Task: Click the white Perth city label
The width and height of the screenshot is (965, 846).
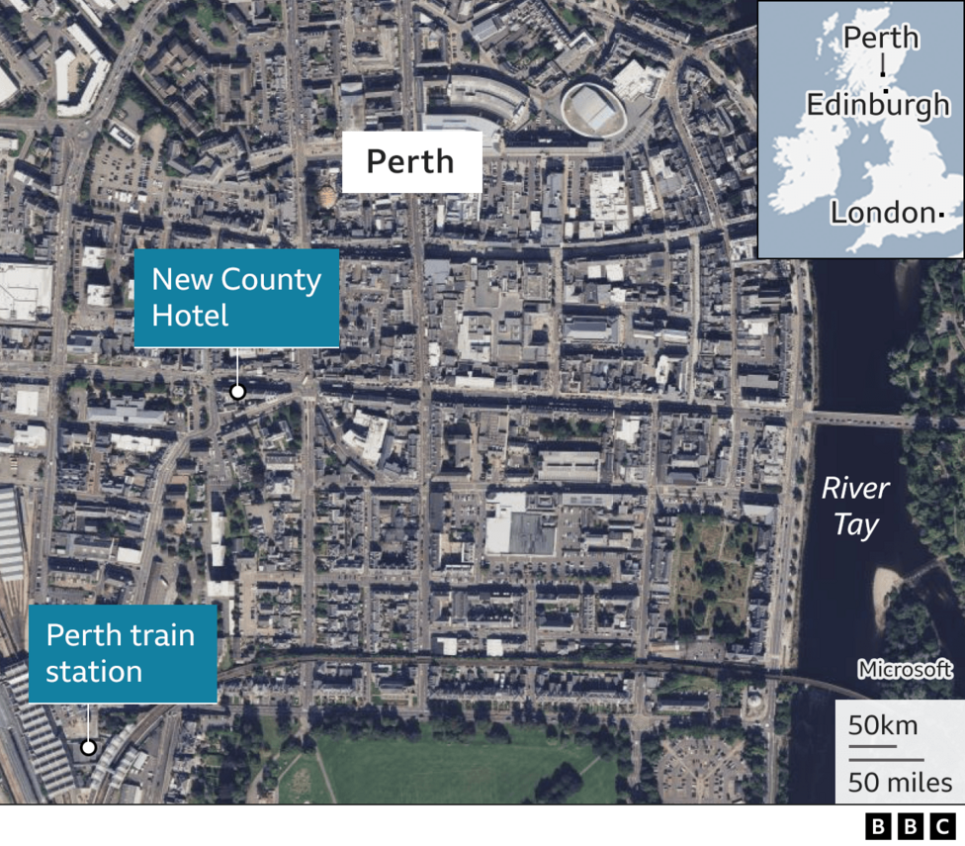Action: click(x=411, y=161)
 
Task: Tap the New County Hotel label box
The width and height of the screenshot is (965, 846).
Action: click(x=236, y=298)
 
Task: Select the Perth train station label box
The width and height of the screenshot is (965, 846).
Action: click(x=122, y=654)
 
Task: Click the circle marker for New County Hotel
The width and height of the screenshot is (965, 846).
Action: click(x=237, y=392)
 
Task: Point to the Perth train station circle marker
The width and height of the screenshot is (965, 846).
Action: click(x=88, y=747)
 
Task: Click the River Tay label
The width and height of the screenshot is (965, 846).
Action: click(x=855, y=506)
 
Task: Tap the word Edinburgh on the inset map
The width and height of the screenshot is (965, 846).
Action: click(x=877, y=105)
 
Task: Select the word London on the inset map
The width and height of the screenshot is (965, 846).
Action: click(x=882, y=213)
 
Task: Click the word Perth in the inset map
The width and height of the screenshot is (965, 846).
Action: click(x=881, y=39)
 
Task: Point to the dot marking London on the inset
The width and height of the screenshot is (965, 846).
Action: click(x=942, y=214)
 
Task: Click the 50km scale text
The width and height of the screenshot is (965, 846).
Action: click(x=883, y=725)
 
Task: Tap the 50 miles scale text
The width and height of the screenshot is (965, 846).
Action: click(x=899, y=784)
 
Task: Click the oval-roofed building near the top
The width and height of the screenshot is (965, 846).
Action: click(x=596, y=107)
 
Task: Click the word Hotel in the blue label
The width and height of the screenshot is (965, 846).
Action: click(x=190, y=316)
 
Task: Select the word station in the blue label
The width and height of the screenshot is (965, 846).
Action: click(x=94, y=672)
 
